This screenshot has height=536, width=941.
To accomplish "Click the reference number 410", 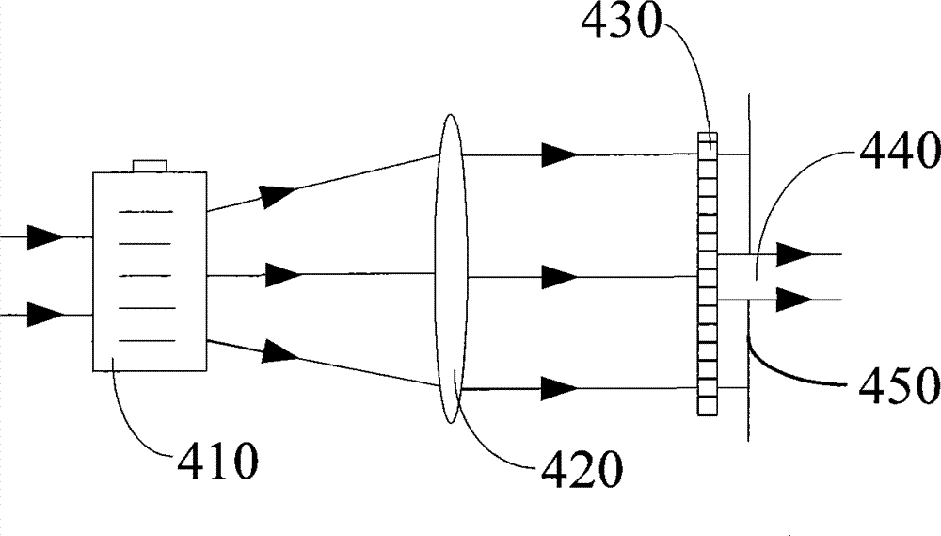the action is [218, 461].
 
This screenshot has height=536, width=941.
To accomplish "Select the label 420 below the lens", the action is [582, 469].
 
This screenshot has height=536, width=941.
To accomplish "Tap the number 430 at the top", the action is [620, 21].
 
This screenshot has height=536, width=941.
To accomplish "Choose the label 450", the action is [899, 384].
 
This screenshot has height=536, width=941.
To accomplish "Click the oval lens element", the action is [452, 268].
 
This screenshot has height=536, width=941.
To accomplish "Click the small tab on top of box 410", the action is [150, 166].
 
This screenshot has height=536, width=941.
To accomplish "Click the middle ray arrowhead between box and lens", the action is [283, 275].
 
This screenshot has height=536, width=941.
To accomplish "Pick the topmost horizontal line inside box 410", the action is [146, 212].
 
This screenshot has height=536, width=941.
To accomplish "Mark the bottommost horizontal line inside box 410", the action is [147, 341].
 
